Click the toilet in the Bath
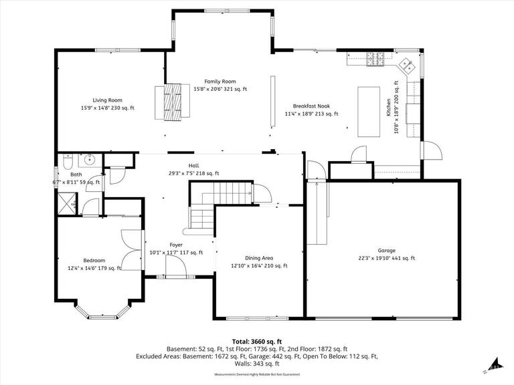[67, 163]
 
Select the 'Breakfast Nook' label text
[311, 106]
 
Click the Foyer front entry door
[176, 268]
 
